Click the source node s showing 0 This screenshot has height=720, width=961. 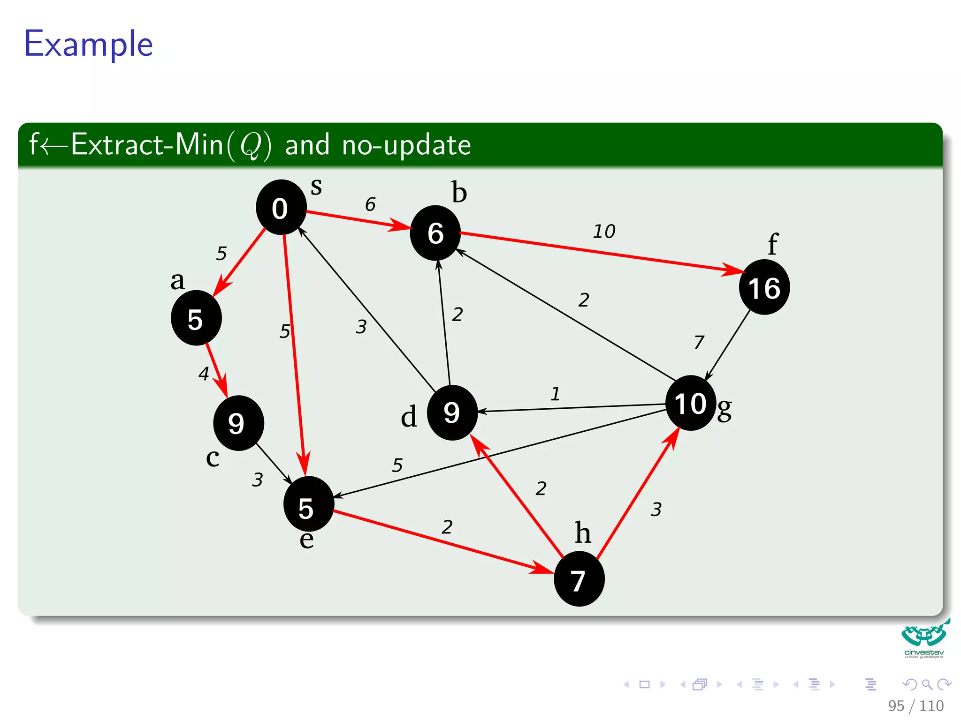tap(281, 208)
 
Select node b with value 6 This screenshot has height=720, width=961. tap(435, 233)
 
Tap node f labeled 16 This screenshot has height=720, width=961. tap(764, 287)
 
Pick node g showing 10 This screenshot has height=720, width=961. tap(690, 403)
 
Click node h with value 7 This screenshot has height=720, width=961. tap(579, 579)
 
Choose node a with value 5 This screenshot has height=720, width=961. tap(196, 318)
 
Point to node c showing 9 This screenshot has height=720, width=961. tap(238, 423)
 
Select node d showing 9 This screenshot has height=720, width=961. tap(452, 412)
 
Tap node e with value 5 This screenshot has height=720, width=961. tap(308, 504)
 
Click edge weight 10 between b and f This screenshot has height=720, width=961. tap(604, 232)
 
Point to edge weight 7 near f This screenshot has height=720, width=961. tap(699, 342)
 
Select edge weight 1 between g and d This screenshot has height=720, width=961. tap(555, 394)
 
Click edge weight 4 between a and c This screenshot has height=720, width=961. tap(204, 374)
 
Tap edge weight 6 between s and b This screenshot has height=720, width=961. tap(370, 204)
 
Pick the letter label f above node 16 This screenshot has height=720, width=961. tap(772, 244)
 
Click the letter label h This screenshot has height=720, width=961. tap(583, 533)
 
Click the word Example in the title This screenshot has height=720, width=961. tap(88, 44)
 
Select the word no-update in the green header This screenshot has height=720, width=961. tap(406, 145)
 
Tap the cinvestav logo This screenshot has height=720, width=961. tap(923, 638)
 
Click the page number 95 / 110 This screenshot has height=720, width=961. tap(915, 705)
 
